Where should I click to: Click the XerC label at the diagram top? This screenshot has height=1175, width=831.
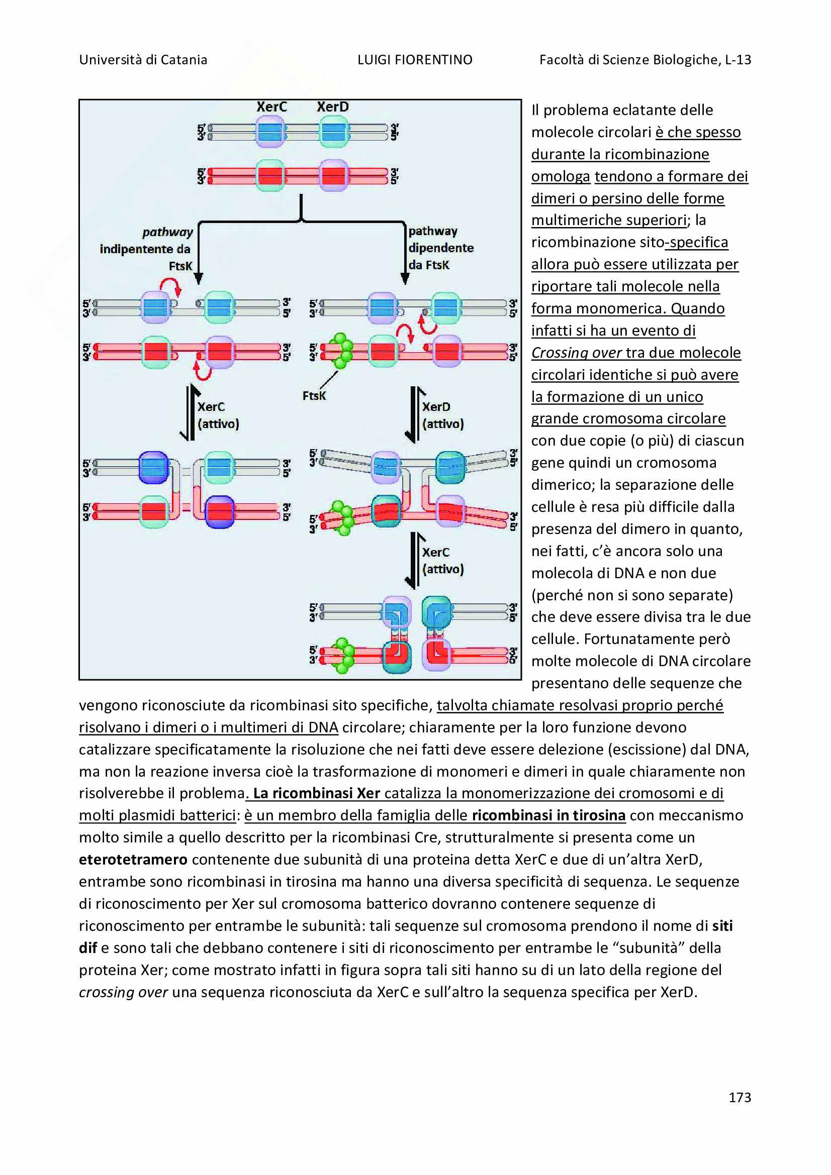click(x=271, y=107)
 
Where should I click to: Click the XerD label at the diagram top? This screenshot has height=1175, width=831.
click(x=332, y=107)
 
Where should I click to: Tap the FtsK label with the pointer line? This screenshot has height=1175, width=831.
click(x=314, y=395)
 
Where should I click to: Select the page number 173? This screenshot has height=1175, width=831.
click(x=740, y=1097)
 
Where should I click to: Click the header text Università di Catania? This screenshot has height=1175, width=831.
click(x=143, y=60)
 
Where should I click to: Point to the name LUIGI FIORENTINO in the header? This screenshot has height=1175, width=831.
click(x=415, y=60)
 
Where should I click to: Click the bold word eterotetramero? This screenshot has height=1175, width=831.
click(x=133, y=859)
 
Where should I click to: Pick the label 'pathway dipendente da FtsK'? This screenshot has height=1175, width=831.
click(x=440, y=248)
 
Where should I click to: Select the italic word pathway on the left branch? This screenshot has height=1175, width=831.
click(x=167, y=233)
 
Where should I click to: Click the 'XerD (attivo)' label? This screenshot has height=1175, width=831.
click(x=443, y=415)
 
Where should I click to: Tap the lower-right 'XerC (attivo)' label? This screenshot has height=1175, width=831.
click(x=443, y=561)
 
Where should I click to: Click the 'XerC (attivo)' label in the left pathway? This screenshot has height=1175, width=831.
click(x=218, y=415)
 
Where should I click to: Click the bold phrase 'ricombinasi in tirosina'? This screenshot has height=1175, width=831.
click(x=548, y=815)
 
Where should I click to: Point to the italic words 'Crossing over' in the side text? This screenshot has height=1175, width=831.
click(x=576, y=353)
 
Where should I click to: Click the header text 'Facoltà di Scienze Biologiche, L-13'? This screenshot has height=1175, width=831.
click(x=645, y=60)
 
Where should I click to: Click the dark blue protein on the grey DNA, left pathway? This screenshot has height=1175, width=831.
click(x=154, y=467)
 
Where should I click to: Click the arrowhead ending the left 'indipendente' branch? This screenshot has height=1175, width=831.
click(x=199, y=279)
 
